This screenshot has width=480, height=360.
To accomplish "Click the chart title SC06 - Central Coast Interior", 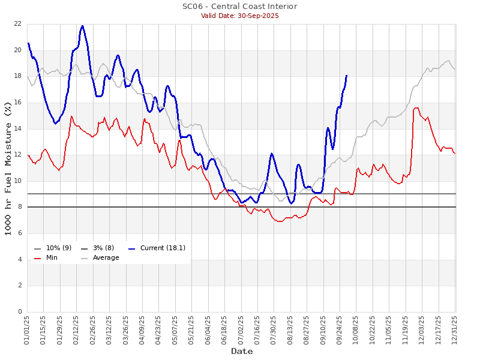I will click(x=239, y=7).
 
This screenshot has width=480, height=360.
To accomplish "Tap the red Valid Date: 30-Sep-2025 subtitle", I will click(x=239, y=16).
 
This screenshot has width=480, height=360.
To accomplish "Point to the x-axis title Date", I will click(x=242, y=351).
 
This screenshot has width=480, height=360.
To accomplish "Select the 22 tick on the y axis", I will click(x=17, y=24).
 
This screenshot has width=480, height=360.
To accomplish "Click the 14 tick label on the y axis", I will click(x=17, y=129).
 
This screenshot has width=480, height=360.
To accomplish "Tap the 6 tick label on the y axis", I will click(x=19, y=233).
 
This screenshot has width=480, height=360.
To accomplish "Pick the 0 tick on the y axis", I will click(x=19, y=312).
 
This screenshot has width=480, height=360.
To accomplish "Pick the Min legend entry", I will click(x=52, y=257).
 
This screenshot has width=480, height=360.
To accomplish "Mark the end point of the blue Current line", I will click(x=346, y=76).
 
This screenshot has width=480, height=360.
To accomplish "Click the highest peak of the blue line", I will click(x=82, y=26).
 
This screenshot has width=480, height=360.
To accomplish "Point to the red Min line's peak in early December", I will click(x=416, y=108).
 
